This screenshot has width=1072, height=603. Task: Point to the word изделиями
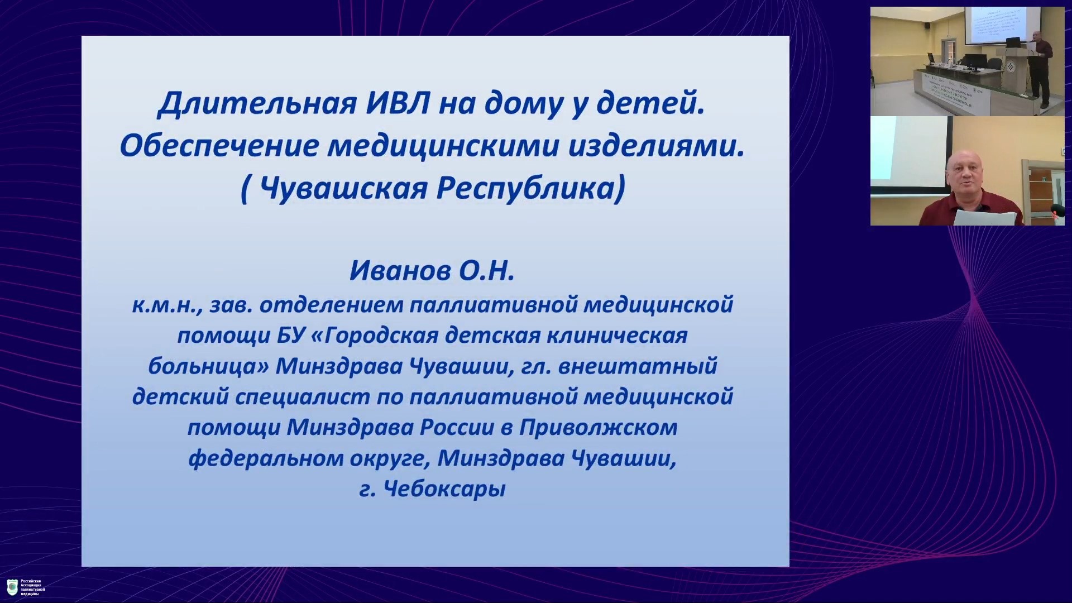(x=657, y=146)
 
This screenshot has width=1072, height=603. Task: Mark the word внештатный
(x=638, y=366)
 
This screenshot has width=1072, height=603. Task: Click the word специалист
(x=302, y=397)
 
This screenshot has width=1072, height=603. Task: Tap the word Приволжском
(x=598, y=428)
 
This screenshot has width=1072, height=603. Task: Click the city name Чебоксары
(x=444, y=489)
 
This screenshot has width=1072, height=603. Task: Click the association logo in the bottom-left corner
(x=12, y=587)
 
